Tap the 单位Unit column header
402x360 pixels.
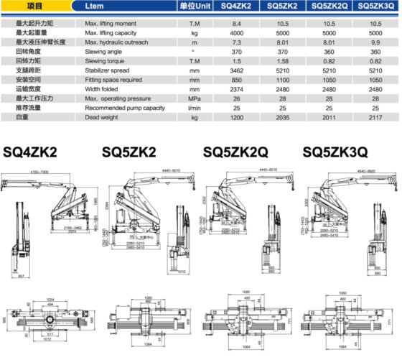point(193,6)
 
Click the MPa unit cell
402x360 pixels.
point(193,99)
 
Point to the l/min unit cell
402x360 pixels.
point(193,109)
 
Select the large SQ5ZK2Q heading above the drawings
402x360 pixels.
point(236,152)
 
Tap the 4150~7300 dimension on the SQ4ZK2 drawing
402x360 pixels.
point(45,172)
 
